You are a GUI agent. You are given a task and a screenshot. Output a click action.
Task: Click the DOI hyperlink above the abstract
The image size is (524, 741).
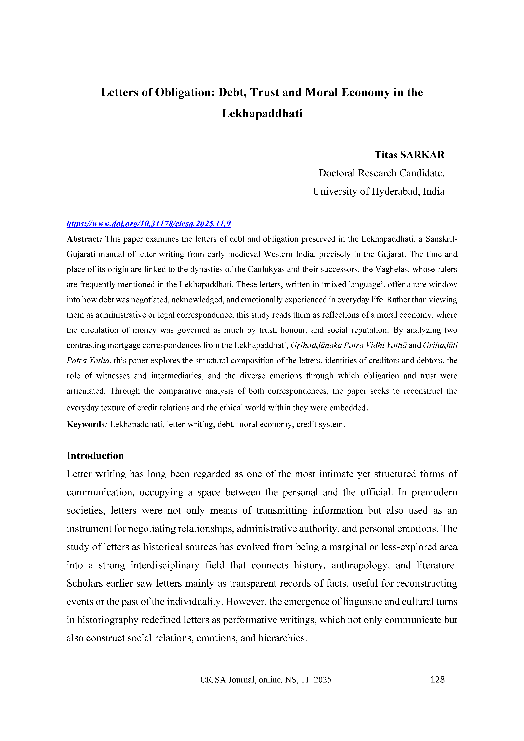[149, 224]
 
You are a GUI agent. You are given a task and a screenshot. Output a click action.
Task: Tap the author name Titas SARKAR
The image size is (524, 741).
[409, 155]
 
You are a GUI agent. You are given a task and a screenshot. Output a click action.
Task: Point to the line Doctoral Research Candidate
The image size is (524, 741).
[381, 173]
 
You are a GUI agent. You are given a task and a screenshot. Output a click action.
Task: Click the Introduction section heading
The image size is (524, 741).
[95, 456]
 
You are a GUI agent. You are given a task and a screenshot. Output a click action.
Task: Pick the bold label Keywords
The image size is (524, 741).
[86, 424]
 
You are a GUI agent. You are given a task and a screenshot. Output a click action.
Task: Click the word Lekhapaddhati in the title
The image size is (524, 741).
[262, 114]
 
